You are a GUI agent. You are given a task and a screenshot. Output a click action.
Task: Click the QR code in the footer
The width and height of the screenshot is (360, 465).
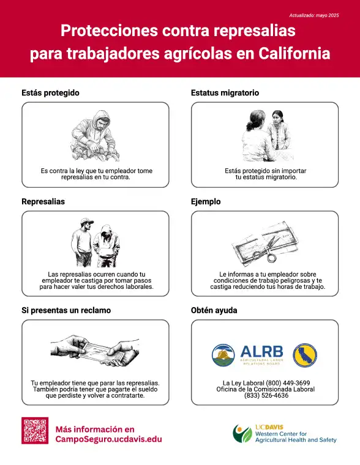pyautogui.click(x=35, y=431)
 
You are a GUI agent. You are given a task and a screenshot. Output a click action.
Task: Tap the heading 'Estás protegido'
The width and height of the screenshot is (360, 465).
pyautogui.click(x=50, y=93)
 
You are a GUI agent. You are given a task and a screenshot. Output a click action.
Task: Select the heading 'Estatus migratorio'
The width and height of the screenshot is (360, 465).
pyautogui.click(x=225, y=93)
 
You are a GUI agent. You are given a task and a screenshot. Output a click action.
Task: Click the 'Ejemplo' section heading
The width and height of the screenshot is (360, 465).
pyautogui.click(x=206, y=202)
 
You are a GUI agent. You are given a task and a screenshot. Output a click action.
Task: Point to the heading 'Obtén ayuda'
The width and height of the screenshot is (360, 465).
pyautogui.click(x=214, y=310)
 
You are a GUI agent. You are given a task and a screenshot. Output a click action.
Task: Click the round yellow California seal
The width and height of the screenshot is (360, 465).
pyautogui.click(x=305, y=355)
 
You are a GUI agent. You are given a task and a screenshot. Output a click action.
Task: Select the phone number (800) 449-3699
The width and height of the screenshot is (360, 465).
pyautogui.click(x=288, y=383)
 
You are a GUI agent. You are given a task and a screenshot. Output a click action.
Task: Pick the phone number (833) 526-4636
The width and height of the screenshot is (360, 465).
pyautogui.click(x=266, y=396)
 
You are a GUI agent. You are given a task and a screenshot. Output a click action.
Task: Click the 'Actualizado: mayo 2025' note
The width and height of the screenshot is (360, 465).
pyautogui.click(x=314, y=15)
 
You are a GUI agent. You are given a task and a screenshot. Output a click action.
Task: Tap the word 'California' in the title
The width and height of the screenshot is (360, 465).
pyautogui.click(x=294, y=54)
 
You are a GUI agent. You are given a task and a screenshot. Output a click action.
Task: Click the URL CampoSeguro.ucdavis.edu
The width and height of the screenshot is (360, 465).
pyautogui.click(x=108, y=439)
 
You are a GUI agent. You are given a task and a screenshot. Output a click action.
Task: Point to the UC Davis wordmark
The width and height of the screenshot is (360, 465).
pyautogui.click(x=269, y=427)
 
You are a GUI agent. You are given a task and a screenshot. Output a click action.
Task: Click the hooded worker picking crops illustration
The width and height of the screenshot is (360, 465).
pyautogui.click(x=96, y=136)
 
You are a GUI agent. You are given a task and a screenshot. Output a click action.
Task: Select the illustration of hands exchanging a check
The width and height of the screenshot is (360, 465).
pyautogui.click(x=95, y=351)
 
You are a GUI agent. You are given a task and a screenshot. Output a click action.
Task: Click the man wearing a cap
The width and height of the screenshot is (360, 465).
pyautogui.click(x=83, y=242)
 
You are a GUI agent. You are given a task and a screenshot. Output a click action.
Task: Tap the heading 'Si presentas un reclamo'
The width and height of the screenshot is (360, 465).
pyautogui.click(x=66, y=310)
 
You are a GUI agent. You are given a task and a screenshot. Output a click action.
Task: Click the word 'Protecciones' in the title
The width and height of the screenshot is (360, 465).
pyautogui.click(x=109, y=31)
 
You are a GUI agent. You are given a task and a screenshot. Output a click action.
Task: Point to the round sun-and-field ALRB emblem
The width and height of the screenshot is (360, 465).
pyautogui.click(x=223, y=355)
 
